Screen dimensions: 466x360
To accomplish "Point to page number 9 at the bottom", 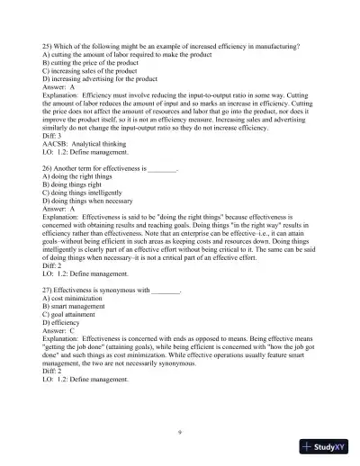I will point(180,433).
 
